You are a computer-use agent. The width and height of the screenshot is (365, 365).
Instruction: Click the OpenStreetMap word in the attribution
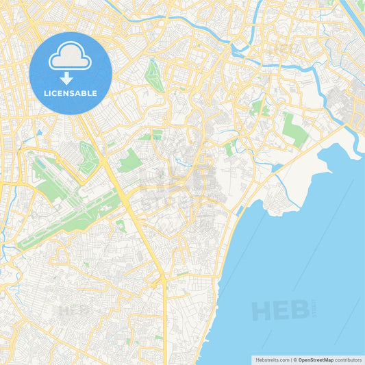pos(315,360)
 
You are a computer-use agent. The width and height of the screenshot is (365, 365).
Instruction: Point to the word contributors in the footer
pos(349,360)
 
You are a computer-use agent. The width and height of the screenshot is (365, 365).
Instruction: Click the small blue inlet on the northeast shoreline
pos(277,166)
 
